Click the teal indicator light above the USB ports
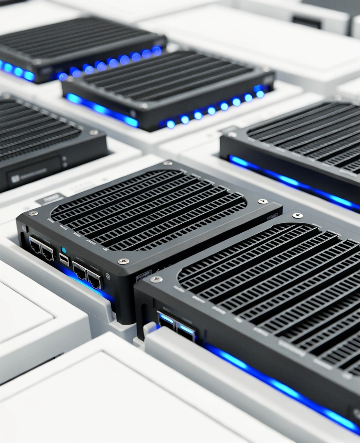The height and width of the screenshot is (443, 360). click(x=64, y=250)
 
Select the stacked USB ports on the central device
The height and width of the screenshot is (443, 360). click(x=64, y=260)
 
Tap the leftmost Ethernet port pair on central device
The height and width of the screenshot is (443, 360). click(x=41, y=249)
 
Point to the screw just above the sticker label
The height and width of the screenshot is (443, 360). click(x=124, y=261)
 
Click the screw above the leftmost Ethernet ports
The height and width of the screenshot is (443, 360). click(x=33, y=213)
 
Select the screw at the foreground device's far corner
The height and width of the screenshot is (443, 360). click(x=297, y=215)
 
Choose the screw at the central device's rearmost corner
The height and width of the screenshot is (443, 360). click(x=168, y=163)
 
